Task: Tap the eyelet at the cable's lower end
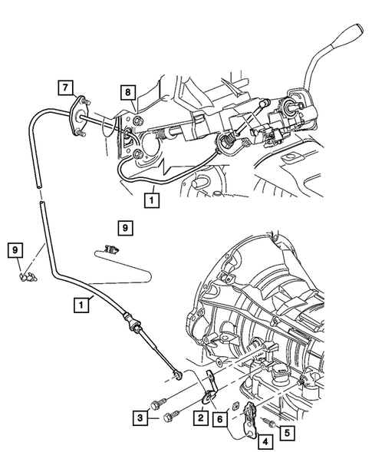click(178, 374)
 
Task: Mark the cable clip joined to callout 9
click(26, 271)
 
